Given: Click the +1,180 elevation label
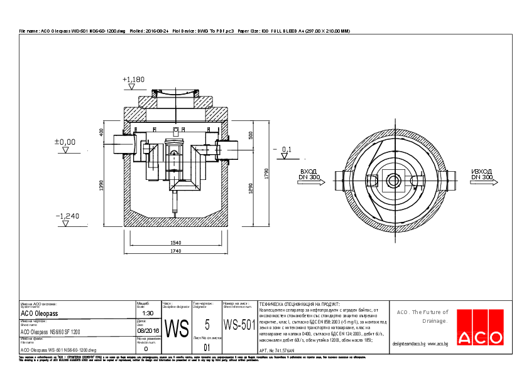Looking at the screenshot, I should [134, 80].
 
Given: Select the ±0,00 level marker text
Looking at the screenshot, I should [65, 142].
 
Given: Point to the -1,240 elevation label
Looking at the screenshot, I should [68, 216].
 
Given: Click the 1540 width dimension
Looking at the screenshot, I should [175, 242].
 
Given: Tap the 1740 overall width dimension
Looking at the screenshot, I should [175, 251].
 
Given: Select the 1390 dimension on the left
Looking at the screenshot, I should [101, 186].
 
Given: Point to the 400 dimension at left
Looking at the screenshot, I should [101, 132].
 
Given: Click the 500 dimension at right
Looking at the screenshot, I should [250, 135].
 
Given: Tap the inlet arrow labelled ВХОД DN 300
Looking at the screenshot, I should [308, 178].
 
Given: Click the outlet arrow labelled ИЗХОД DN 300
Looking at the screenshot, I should [483, 178].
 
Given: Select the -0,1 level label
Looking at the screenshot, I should [286, 149].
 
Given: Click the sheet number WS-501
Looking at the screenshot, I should [239, 325].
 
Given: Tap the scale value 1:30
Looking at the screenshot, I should [148, 313].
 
